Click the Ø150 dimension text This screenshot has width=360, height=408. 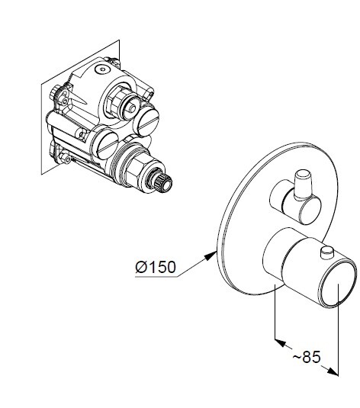(156, 267)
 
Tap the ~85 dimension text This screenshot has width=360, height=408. (307, 357)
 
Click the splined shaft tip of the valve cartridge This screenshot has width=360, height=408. (162, 182)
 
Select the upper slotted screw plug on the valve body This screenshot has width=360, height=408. (148, 120)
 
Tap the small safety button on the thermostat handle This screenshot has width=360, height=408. (327, 253)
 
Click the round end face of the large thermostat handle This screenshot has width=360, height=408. (338, 286)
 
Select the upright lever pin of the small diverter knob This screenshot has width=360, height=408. (302, 185)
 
